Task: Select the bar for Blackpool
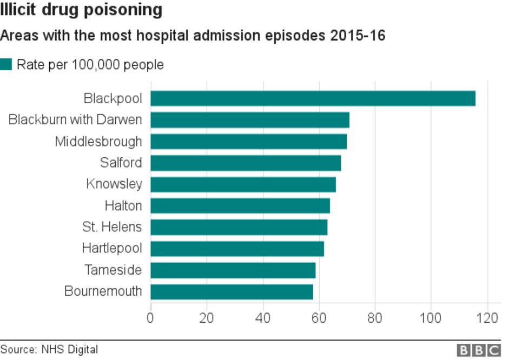coord(313,98)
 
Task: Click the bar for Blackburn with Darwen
coord(249,119)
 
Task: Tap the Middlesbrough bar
coord(248,141)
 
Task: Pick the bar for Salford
coord(246,163)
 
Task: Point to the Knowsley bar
coord(243,184)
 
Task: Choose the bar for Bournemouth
coord(232,292)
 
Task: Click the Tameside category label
coord(113,270)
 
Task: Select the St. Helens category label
coord(112,227)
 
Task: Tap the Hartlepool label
coord(112,249)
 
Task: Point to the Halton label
coord(123,205)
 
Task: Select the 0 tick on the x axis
coord(150,317)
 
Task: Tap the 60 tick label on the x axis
coord(319,317)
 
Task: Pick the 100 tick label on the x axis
coord(431,317)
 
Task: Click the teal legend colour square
coord(6,65)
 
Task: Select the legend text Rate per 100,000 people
coord(90,65)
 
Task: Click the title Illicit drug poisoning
coord(81,10)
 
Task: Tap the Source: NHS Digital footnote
coord(49,350)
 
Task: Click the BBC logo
coord(479,350)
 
